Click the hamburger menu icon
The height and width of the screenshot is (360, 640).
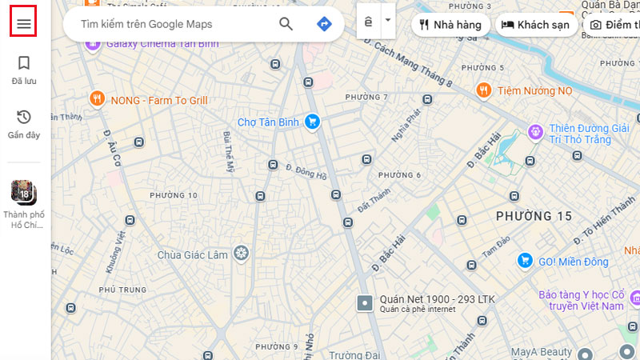(24, 24)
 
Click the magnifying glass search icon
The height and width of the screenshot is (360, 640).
(286, 24)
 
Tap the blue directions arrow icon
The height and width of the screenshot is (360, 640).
(324, 24)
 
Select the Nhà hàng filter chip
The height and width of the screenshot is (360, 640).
(451, 25)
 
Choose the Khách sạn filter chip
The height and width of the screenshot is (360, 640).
(536, 25)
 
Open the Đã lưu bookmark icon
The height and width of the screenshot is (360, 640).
(24, 63)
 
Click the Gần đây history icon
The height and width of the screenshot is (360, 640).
(24, 118)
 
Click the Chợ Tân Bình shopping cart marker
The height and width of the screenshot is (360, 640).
(312, 122)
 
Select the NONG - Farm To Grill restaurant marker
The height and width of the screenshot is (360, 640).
(97, 100)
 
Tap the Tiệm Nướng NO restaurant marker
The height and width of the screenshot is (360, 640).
(483, 90)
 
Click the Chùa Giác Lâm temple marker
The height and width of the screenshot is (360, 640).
(241, 254)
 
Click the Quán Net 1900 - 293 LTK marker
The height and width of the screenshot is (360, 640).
(365, 303)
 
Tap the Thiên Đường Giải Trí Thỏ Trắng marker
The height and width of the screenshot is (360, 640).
(535, 130)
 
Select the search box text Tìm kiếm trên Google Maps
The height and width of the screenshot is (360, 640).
(146, 25)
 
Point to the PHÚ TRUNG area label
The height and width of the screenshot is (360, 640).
(118, 289)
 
